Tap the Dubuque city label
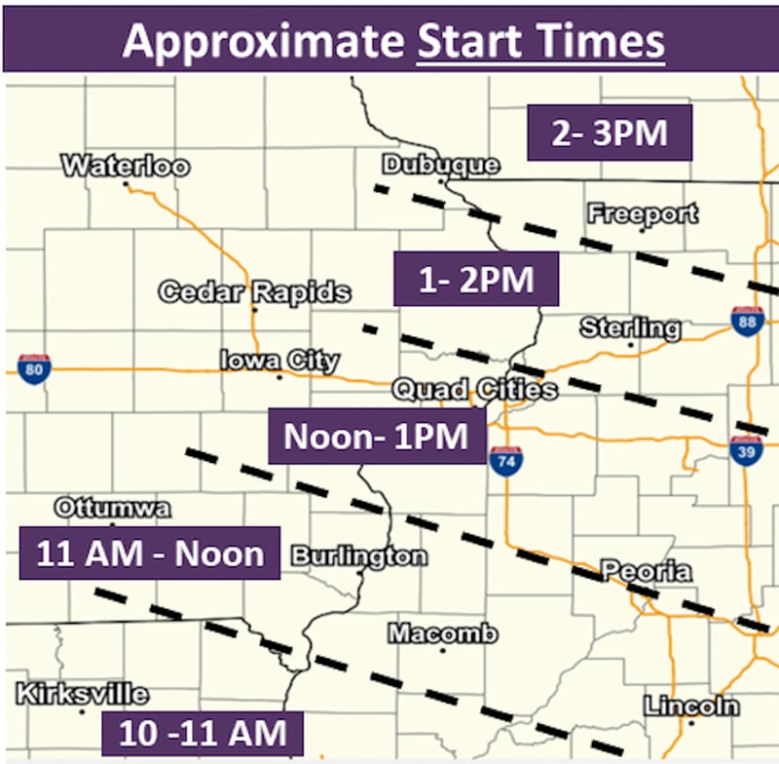click(440, 165)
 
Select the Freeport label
click(643, 213)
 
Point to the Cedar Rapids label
click(254, 291)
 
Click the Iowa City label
click(278, 361)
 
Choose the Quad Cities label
click(474, 390)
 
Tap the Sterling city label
click(630, 327)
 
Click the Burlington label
click(358, 556)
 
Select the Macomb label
click(443, 632)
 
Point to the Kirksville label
click(83, 694)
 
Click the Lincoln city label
click(690, 706)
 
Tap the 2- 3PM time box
click(609, 133)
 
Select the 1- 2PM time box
click(476, 280)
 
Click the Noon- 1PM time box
click(377, 436)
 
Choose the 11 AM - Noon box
click(149, 554)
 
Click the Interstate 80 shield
click(34, 369)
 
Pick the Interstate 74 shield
click(506, 461)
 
